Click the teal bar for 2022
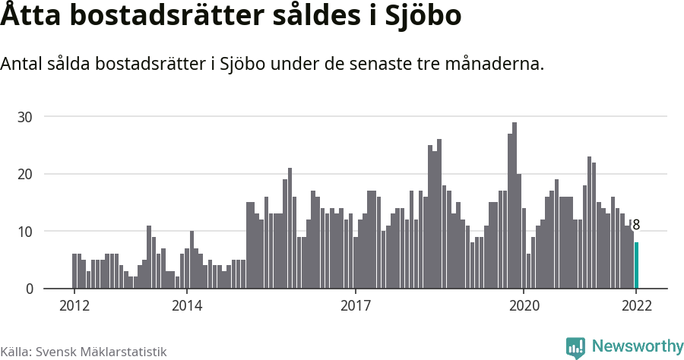(x=636, y=266)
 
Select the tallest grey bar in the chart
(x=515, y=205)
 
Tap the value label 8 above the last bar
(x=636, y=225)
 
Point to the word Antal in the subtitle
(x=24, y=65)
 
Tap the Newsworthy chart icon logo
(x=575, y=348)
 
